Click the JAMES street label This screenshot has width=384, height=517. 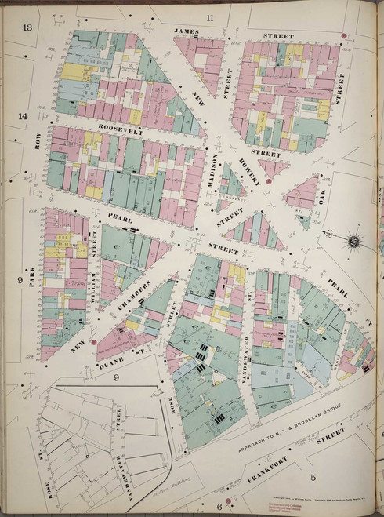click(187, 31)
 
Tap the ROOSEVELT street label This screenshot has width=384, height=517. click(121, 133)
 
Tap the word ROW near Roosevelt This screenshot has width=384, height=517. click(36, 142)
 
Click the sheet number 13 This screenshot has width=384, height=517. click(27, 28)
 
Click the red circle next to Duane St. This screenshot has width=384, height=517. click(93, 342)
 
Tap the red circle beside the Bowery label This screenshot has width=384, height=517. click(268, 181)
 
